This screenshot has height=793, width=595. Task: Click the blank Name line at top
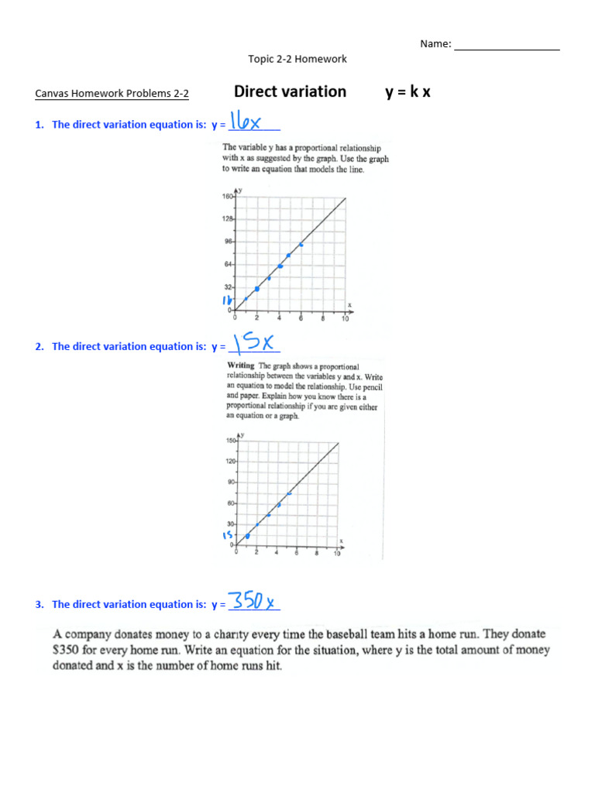click(507, 46)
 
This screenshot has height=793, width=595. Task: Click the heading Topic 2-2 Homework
click(297, 59)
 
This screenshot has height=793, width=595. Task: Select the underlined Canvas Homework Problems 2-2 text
click(112, 94)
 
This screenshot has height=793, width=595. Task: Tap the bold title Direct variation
click(290, 91)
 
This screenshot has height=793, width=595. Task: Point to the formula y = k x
click(408, 92)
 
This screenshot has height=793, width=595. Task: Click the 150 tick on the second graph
click(230, 441)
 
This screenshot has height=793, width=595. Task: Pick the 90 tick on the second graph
click(231, 482)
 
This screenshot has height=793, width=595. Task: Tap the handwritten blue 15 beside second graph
click(228, 535)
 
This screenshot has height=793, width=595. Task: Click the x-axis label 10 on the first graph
click(346, 318)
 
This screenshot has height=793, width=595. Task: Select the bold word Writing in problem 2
click(241, 366)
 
